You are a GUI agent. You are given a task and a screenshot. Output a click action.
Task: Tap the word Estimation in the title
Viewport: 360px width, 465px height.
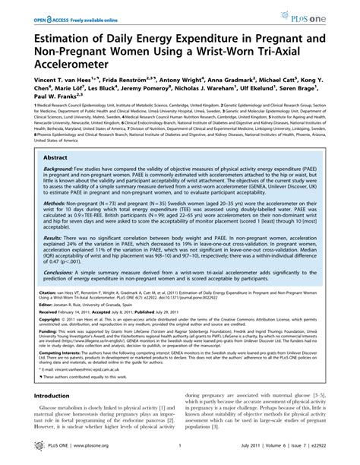pyautogui.click(x=63, y=34)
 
